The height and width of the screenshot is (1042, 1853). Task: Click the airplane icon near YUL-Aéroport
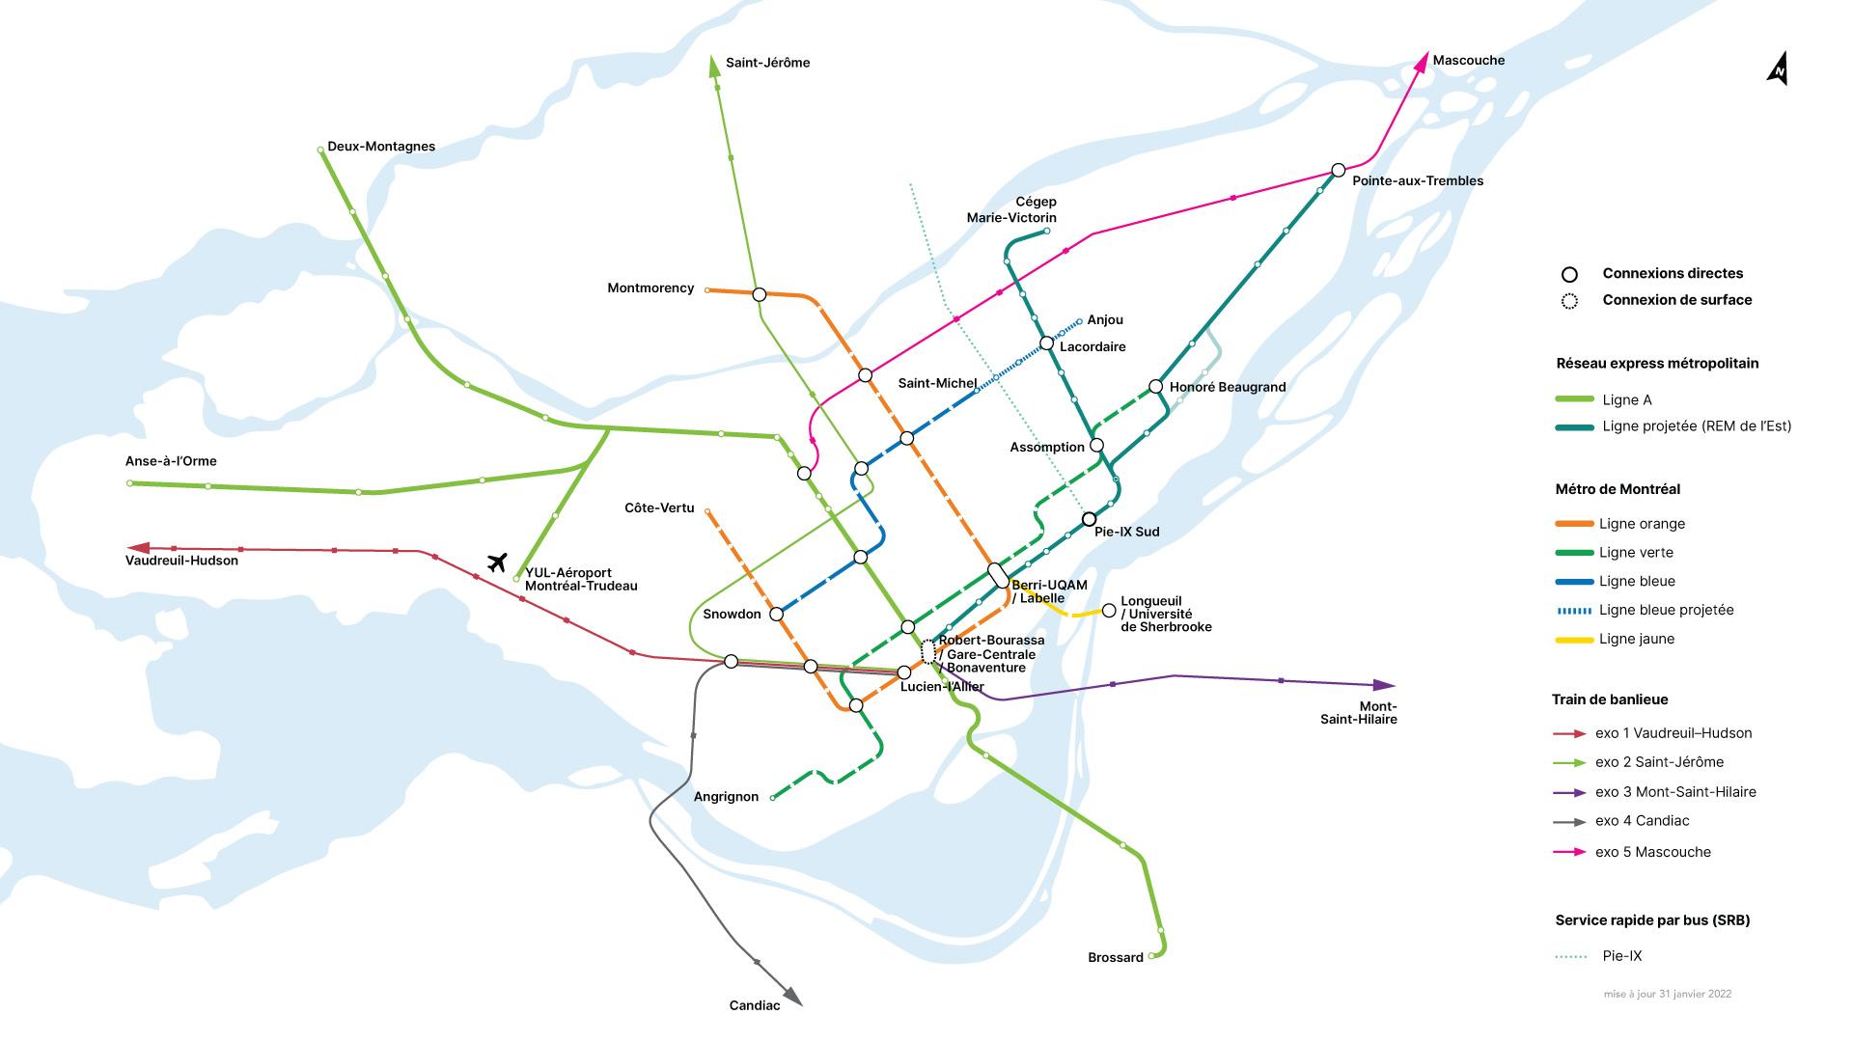click(x=497, y=562)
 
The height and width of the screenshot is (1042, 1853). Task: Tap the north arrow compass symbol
click(x=1777, y=69)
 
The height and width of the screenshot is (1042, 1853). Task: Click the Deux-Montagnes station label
click(x=381, y=147)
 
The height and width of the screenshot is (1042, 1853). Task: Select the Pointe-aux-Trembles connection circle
click(x=1338, y=170)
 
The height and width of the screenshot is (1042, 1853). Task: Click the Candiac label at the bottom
click(x=754, y=1005)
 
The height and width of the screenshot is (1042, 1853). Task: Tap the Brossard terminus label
click(x=1115, y=957)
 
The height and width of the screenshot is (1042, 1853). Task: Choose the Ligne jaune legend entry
click(x=1636, y=639)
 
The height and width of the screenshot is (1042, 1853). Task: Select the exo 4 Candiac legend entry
click(x=1642, y=821)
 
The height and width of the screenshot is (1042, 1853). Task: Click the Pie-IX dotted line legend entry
click(x=1621, y=956)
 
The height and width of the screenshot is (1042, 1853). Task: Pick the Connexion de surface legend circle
click(x=1569, y=301)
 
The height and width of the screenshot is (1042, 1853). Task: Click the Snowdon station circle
click(x=776, y=614)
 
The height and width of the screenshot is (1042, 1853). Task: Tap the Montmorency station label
click(x=650, y=288)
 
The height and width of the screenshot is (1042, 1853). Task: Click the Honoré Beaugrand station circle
click(x=1155, y=387)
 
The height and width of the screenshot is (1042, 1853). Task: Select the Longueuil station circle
click(x=1109, y=611)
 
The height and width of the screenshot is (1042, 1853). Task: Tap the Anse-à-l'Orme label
click(x=172, y=461)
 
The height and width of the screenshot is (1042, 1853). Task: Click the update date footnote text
click(x=1667, y=994)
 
